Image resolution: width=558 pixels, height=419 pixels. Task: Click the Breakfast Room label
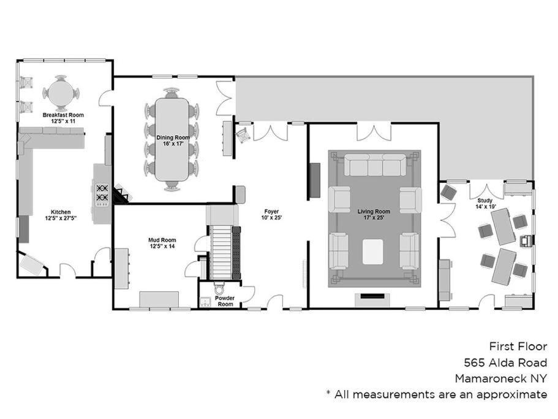click(x=63, y=115)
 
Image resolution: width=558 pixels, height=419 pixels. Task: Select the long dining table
click(x=172, y=139)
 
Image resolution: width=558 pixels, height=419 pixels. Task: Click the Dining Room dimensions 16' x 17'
click(x=173, y=144)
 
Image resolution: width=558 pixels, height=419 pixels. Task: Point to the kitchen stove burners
click(x=102, y=193)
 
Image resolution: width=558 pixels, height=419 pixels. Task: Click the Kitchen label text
click(x=61, y=212)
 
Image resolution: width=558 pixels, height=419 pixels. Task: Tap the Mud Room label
click(x=162, y=240)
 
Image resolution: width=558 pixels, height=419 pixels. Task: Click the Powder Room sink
click(x=205, y=302)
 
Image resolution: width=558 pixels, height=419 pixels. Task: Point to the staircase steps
click(x=221, y=252)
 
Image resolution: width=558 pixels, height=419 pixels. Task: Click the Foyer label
click(x=271, y=211)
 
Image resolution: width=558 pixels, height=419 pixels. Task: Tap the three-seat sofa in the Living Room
click(x=375, y=165)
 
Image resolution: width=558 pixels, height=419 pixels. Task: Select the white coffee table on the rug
click(x=373, y=252)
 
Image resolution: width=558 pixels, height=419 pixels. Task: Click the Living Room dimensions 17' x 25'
click(x=374, y=217)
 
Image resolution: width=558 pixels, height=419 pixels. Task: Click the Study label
click(x=484, y=201)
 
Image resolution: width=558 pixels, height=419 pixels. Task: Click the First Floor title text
click(x=518, y=347)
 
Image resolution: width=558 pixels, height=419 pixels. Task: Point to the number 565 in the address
click(x=474, y=363)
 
